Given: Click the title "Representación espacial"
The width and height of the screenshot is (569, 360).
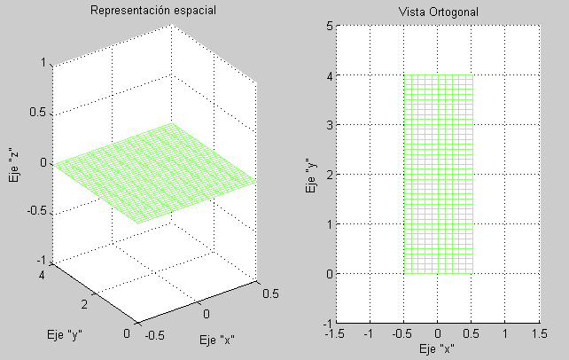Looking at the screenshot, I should point(154,12).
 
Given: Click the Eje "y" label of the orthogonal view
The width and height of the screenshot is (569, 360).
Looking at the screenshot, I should point(311,175).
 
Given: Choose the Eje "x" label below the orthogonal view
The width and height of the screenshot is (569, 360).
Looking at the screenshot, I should point(438,348).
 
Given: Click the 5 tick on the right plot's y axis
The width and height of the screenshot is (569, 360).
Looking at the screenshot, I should point(328,27).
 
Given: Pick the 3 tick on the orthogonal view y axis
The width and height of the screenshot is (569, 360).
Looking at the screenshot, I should point(328,125).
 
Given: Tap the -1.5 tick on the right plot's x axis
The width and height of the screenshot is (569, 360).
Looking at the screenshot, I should point(335,334).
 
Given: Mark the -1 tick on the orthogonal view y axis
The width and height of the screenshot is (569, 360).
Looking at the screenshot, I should point(325,323).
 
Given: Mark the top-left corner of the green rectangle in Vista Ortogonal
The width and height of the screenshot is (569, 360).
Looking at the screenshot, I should point(404,75).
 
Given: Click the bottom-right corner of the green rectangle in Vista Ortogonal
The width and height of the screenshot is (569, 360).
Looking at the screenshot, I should point(472,273).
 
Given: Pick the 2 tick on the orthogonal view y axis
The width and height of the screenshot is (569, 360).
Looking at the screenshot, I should point(328,175).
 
